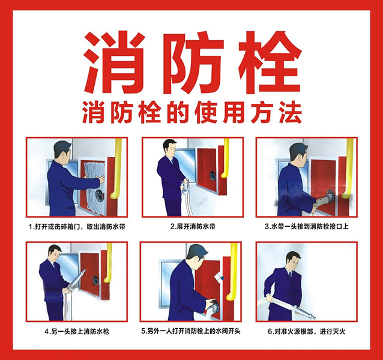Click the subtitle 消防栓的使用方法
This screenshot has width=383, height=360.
click(192, 113)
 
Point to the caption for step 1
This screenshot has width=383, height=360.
click(77, 227)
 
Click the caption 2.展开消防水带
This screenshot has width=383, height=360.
click(193, 226)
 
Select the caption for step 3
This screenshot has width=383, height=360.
click(307, 226)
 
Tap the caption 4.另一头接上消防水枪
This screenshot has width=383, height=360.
click(77, 332)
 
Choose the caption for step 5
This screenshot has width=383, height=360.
click(191, 331)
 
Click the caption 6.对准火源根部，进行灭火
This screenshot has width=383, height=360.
click(307, 332)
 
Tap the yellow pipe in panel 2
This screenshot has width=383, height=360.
click(225, 158)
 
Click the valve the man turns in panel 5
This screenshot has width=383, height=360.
click(213, 307)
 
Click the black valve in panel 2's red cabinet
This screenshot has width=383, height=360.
click(212, 176)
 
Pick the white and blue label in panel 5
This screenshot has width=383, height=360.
click(219, 278)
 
